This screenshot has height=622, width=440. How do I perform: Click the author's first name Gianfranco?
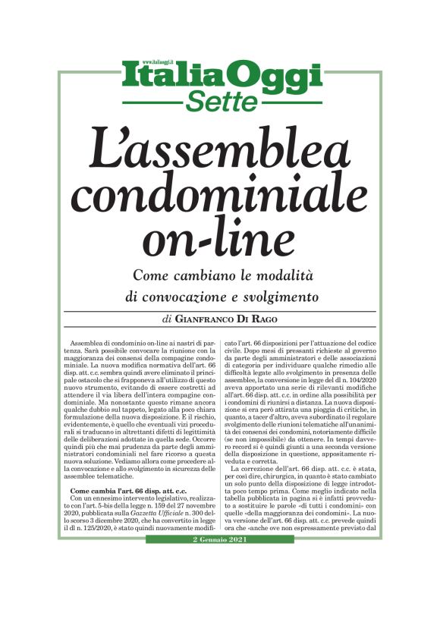[x=215, y=319]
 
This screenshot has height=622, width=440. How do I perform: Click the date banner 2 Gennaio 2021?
[x=220, y=539]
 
